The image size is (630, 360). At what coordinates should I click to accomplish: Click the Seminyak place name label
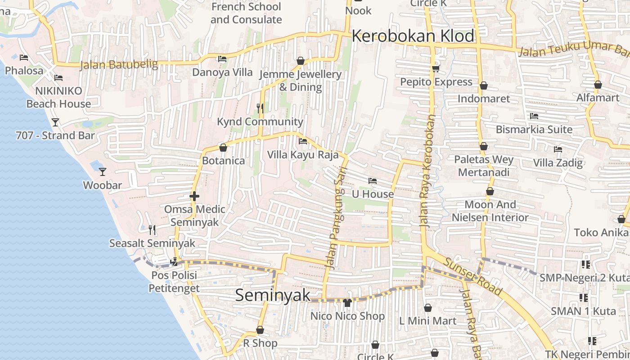(x=273, y=295)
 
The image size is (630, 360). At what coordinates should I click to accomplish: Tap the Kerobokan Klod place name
(x=413, y=36)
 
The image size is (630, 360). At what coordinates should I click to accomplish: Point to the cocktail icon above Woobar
(x=103, y=171)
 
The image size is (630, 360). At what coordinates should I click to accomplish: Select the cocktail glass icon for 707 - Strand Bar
(x=55, y=122)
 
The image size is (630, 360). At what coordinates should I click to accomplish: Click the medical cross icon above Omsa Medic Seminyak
(x=194, y=196)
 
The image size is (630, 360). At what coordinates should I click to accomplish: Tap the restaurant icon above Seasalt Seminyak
(x=152, y=230)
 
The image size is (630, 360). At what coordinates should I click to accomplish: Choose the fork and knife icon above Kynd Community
(x=260, y=108)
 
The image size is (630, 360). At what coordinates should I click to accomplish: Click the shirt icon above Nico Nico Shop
(x=347, y=302)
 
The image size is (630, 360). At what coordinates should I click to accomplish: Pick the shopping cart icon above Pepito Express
(x=436, y=68)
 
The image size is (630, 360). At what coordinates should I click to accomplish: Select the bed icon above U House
(x=372, y=181)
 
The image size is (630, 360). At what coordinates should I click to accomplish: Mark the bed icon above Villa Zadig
(x=558, y=149)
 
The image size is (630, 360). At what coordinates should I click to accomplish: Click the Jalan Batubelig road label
(x=119, y=65)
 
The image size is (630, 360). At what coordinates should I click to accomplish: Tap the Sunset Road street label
(x=472, y=277)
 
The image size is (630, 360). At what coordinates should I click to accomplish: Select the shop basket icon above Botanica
(x=223, y=148)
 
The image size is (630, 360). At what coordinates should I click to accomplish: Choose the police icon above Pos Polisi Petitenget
(x=174, y=261)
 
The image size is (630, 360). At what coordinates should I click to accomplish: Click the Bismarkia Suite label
(x=534, y=130)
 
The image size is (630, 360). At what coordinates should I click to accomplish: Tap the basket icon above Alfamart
(x=598, y=85)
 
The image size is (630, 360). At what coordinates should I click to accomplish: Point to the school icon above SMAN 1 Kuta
(x=584, y=297)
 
